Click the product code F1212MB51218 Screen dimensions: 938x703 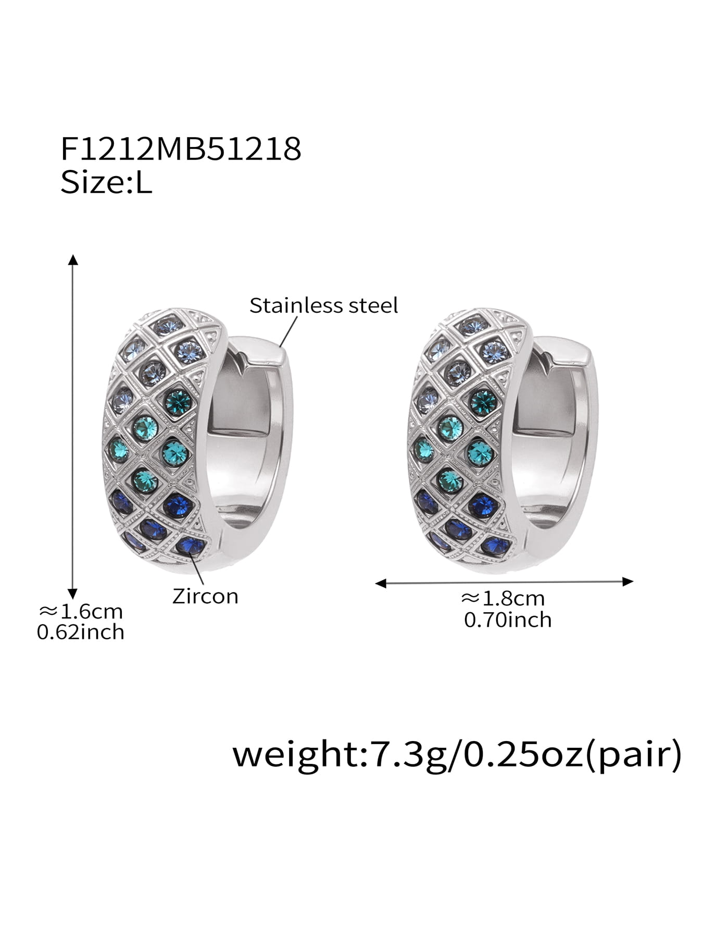pos(181,149)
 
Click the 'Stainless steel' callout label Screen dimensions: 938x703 pos(323,305)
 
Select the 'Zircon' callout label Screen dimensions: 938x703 pos(205,596)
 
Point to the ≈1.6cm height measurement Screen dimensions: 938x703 pos(81,611)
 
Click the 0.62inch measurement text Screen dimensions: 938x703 pos(81,632)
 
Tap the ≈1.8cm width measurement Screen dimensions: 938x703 pos(503,598)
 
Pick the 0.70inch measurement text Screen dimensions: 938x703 pos(508,620)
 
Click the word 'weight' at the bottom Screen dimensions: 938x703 pos(294,755)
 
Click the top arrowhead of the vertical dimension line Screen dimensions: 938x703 pos(73,259)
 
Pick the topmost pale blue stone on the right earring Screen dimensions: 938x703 pos(469,325)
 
